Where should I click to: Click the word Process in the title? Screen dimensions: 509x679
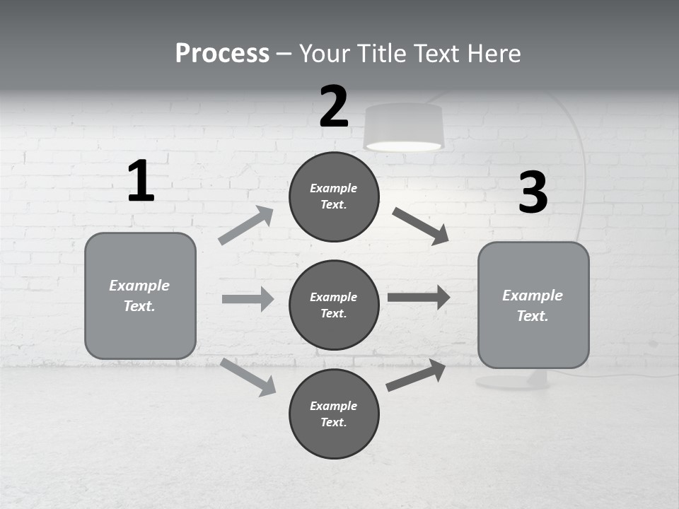222,53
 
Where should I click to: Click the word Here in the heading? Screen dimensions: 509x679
492,53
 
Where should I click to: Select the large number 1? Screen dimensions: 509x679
141,181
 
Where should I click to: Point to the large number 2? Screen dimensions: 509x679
334,107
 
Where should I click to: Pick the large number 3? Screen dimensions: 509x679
533,193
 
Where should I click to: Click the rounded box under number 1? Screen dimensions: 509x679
140,296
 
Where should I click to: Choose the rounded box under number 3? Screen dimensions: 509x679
533,305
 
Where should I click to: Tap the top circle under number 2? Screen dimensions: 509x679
334,197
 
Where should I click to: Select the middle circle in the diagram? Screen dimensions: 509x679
334,305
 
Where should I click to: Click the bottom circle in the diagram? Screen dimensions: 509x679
334,414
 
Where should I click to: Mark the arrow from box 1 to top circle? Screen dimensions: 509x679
247,226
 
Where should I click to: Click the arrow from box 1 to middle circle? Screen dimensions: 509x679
248,299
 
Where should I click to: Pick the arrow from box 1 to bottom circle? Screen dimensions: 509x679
248,377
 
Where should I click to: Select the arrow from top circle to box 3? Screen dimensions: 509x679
421,226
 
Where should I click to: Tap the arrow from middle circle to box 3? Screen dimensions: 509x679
419,297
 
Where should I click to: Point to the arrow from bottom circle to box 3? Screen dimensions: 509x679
417,375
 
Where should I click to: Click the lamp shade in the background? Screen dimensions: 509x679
403,127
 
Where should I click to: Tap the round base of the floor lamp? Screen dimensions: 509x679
512,382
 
